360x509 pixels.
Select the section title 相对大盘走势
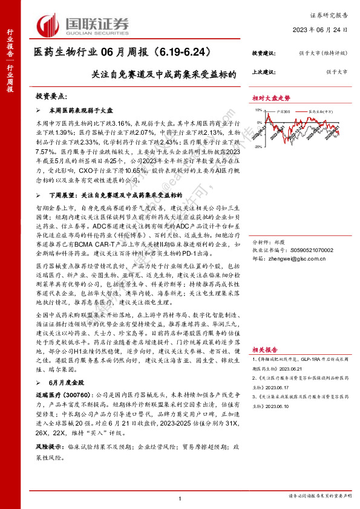(x=270, y=97)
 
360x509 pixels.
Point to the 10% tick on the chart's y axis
(x=257, y=111)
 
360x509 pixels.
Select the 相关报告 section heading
(x=264, y=350)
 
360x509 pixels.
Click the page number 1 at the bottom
(x=180, y=498)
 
